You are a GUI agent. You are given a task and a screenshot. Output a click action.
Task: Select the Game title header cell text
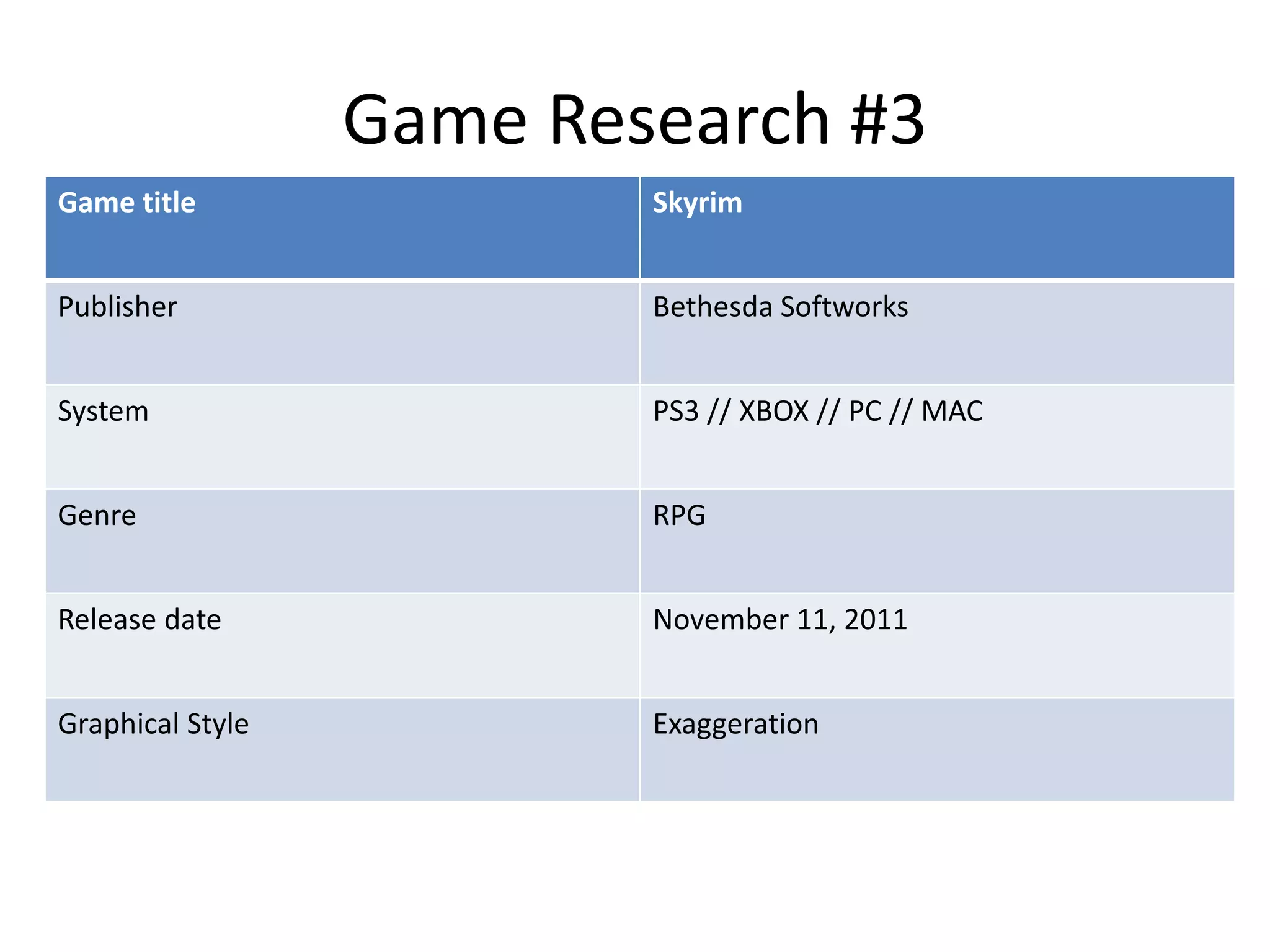click(127, 203)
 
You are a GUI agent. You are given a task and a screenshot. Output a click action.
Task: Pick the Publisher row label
click(117, 307)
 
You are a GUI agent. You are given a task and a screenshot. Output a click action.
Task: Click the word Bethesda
click(713, 307)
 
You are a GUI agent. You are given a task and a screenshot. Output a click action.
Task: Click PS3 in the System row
click(675, 411)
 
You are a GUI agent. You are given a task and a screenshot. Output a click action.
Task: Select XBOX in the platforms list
click(773, 411)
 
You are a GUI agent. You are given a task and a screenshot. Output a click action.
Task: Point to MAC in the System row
click(951, 411)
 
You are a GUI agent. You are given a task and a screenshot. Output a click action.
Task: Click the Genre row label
click(97, 516)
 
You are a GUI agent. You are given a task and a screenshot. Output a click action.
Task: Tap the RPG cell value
click(679, 516)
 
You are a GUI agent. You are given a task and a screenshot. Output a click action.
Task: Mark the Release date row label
click(139, 620)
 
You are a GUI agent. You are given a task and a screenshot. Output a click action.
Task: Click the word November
click(720, 620)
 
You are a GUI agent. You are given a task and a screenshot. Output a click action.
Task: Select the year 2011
click(875, 620)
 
